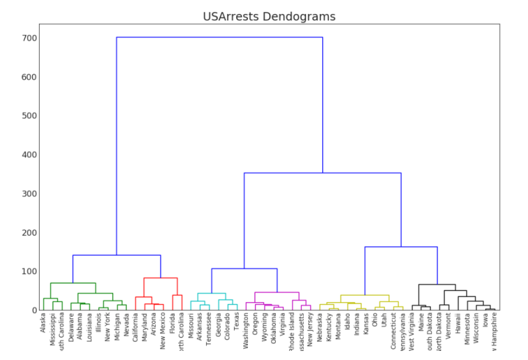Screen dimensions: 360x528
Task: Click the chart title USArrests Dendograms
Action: pyautogui.click(x=269, y=17)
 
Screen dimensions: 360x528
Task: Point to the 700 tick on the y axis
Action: pyautogui.click(x=29, y=38)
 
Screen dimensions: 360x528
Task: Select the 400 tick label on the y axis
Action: pyautogui.click(x=29, y=155)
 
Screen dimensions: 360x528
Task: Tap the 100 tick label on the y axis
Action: pyautogui.click(x=29, y=271)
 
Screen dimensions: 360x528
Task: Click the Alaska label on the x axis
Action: pyautogui.click(x=43, y=323)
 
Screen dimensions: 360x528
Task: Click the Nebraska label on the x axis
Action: pyautogui.click(x=320, y=328)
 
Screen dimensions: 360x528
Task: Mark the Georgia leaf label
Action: pyautogui.click(x=218, y=325)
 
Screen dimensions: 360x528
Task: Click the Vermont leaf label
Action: pyautogui.click(x=448, y=325)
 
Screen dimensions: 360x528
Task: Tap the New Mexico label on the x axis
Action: pyautogui.click(x=163, y=331)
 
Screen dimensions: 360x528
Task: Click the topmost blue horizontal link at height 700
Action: pyautogui.click(x=220, y=37)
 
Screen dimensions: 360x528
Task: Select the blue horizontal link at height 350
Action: pyautogui.click(x=322, y=173)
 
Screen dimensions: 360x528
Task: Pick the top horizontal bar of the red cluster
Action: pyautogui.click(x=160, y=278)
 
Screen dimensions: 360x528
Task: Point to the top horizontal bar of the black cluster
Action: pyautogui.click(x=437, y=285)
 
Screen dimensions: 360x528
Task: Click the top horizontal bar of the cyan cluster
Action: pyautogui.click(x=212, y=293)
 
